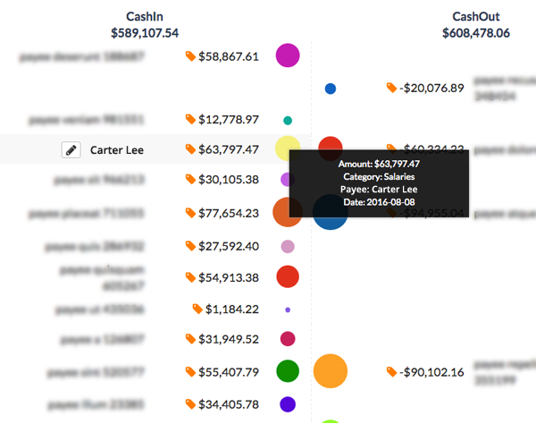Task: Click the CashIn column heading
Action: coord(145,17)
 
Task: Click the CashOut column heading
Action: coord(476,17)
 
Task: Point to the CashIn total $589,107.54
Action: coord(145,33)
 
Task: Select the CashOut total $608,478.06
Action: coord(476,33)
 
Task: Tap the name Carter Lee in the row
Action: coord(117,150)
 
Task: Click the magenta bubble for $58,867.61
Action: coord(288,55)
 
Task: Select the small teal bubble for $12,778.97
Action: coord(288,120)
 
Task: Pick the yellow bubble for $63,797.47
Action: coord(286,148)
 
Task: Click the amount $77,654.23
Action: coord(228,214)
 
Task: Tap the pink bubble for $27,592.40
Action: coord(288,246)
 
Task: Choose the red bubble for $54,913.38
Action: coord(288,277)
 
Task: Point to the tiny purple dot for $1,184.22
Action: coord(288,310)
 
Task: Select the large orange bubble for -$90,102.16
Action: coord(331,370)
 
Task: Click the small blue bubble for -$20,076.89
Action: coord(331,89)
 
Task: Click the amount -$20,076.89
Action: coord(432,89)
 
